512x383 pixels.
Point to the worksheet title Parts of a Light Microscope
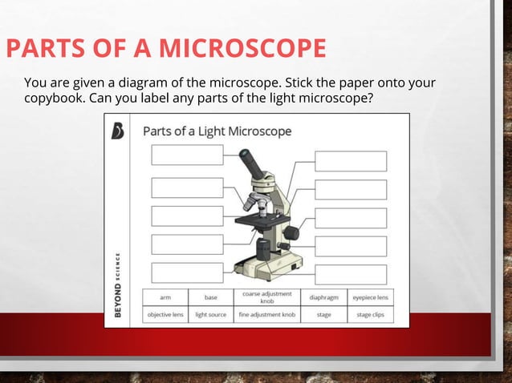(x=217, y=131)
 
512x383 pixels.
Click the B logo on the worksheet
(x=118, y=130)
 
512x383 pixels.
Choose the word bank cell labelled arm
(x=165, y=296)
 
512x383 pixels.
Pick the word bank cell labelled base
(x=211, y=296)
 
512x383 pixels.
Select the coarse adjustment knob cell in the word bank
(x=266, y=296)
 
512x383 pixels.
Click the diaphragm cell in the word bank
(x=323, y=296)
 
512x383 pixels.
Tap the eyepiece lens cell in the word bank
(x=370, y=296)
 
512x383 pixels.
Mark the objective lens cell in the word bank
(x=165, y=315)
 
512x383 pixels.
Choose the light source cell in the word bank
(x=211, y=315)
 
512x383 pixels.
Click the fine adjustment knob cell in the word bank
(x=266, y=315)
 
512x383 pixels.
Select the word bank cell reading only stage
(x=323, y=315)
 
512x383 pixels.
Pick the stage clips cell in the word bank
(x=370, y=315)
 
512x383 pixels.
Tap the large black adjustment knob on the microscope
(x=291, y=232)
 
